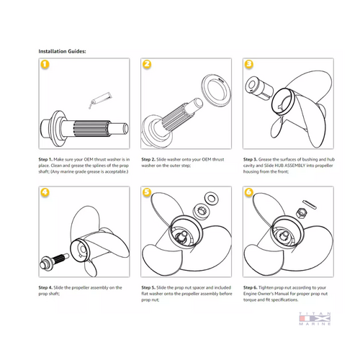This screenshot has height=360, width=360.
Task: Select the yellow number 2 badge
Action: point(146,65)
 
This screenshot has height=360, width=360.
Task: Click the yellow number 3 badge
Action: point(248,65)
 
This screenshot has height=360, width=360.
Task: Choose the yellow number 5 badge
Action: point(146,193)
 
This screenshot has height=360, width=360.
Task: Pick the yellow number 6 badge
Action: point(248,193)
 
